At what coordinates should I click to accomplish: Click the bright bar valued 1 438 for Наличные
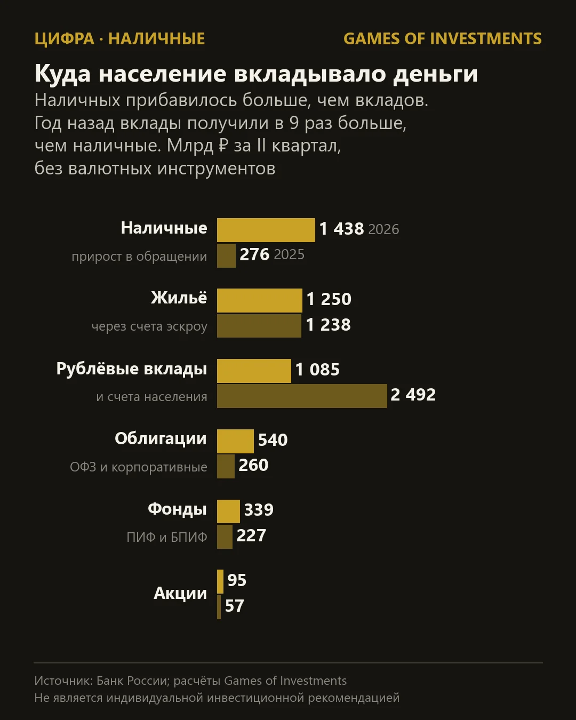pos(266,230)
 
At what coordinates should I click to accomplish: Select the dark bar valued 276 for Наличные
pos(226,255)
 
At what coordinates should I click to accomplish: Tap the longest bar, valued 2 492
pos(302,396)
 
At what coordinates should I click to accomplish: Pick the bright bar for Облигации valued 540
pos(235,441)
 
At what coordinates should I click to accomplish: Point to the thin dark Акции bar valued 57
pos(219,607)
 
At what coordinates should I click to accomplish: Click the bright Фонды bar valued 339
pos(228,511)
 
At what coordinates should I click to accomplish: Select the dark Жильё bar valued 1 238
pos(259,325)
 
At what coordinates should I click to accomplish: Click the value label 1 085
pos(317,370)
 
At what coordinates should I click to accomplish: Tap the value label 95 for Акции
pos(237,580)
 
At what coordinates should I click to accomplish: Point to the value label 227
pos(251,535)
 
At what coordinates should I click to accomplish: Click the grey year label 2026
pos(383,229)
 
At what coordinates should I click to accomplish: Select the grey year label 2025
pos(289,254)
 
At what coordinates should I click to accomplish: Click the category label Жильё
pos(179,298)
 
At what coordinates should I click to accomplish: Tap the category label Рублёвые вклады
pos(132,369)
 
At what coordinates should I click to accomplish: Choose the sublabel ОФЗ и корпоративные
pos(139,467)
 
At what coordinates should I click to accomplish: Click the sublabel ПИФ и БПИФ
pos(167,537)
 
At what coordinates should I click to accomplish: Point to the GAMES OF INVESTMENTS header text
pos(443,39)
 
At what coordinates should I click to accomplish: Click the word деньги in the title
pos(435,74)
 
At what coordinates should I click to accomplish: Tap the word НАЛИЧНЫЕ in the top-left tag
pos(157,39)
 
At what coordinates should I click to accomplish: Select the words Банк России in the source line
pos(132,681)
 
